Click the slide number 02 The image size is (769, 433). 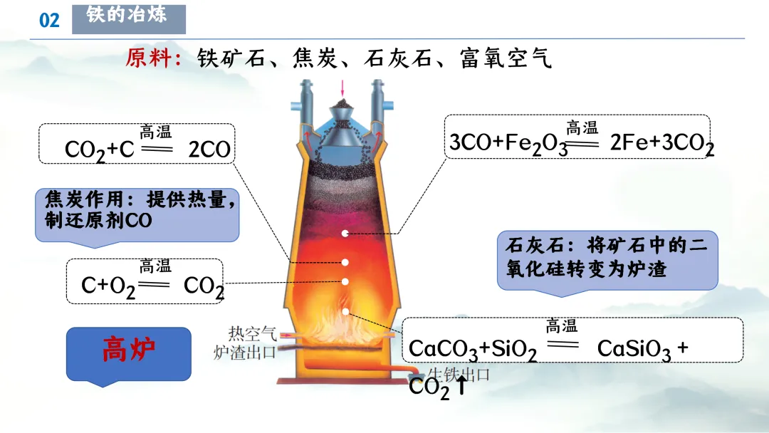click(49, 20)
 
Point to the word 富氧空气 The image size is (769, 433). click(506, 58)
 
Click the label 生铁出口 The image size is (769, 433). click(459, 375)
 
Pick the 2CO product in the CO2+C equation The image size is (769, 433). click(210, 150)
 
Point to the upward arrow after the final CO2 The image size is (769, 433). click(461, 387)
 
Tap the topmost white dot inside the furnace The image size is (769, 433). click(346, 233)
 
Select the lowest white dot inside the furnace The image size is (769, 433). click(346, 311)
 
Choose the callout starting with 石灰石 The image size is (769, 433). click(607, 258)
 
